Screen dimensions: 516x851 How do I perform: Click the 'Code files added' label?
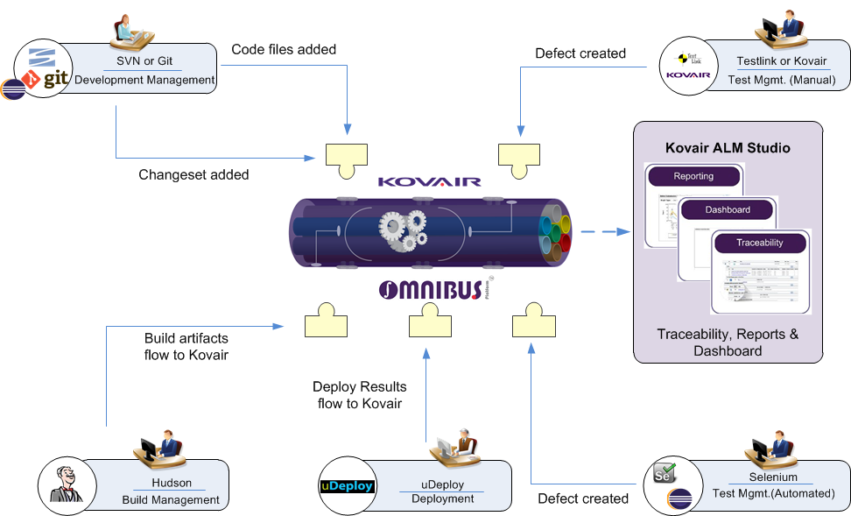[x=284, y=50]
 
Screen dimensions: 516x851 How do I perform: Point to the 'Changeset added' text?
[x=193, y=174]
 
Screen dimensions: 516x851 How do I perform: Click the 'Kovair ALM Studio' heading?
[x=728, y=148]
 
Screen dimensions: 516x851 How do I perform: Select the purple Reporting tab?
[x=693, y=177]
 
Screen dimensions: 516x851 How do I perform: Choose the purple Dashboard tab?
[x=727, y=210]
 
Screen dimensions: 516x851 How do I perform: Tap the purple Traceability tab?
[x=759, y=243]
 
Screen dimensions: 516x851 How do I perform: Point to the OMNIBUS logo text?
[x=429, y=290]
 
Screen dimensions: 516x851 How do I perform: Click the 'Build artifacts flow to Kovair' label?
[x=186, y=346]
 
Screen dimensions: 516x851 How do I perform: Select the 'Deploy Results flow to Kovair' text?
[x=359, y=395]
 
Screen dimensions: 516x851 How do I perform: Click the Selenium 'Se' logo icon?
[x=664, y=474]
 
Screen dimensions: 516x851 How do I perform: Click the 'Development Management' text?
[x=144, y=80]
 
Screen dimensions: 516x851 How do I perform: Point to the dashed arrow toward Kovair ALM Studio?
[x=605, y=232]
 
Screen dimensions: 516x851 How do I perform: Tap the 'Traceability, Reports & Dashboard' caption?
[x=728, y=343]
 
